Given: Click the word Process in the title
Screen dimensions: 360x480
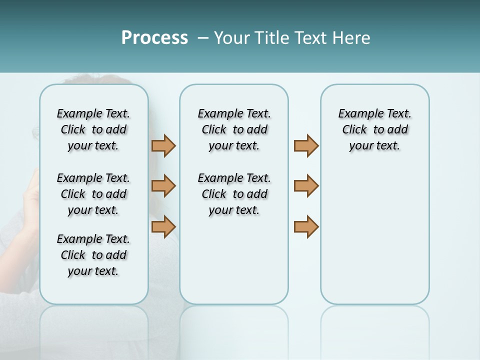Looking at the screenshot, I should (x=154, y=38).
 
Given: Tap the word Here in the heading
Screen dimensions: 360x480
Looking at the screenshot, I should (x=351, y=38).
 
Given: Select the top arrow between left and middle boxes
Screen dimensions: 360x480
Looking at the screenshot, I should (x=163, y=145).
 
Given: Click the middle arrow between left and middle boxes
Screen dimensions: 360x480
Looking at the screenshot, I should (x=163, y=186).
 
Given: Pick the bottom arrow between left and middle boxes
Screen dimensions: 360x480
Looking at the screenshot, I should (x=163, y=226).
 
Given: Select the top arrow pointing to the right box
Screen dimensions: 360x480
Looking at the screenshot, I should (x=306, y=145).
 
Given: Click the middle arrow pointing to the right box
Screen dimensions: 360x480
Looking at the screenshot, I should (x=306, y=186).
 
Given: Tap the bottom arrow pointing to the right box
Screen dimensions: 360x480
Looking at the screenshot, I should (x=306, y=226).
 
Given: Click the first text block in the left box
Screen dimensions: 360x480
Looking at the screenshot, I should (x=93, y=129).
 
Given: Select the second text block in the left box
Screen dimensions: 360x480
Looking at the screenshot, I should (x=93, y=194).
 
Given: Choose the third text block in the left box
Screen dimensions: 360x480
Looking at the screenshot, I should (x=93, y=255).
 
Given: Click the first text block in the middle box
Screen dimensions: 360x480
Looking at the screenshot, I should (x=234, y=129).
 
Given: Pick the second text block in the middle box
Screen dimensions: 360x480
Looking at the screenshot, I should (x=234, y=194).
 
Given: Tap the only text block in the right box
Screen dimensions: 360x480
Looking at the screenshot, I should (x=374, y=129).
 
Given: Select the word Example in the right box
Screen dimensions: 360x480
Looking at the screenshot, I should (x=357, y=113).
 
